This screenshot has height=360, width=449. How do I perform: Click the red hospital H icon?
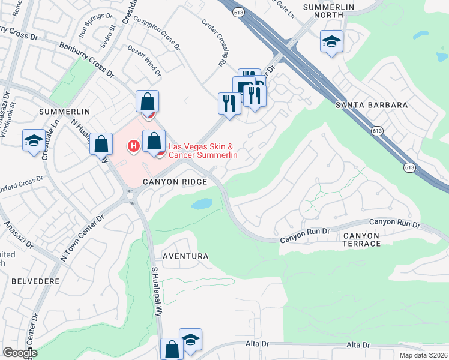pos(134,145)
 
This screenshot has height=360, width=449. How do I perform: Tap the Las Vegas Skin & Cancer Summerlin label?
pos(203,151)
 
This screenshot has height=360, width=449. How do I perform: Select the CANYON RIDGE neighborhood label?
pos(175,181)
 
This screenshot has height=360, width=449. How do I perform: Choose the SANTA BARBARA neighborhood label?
pos(371,105)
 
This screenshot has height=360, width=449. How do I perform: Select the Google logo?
pos(20,353)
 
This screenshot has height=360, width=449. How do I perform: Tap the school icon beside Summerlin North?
pos(331,42)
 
